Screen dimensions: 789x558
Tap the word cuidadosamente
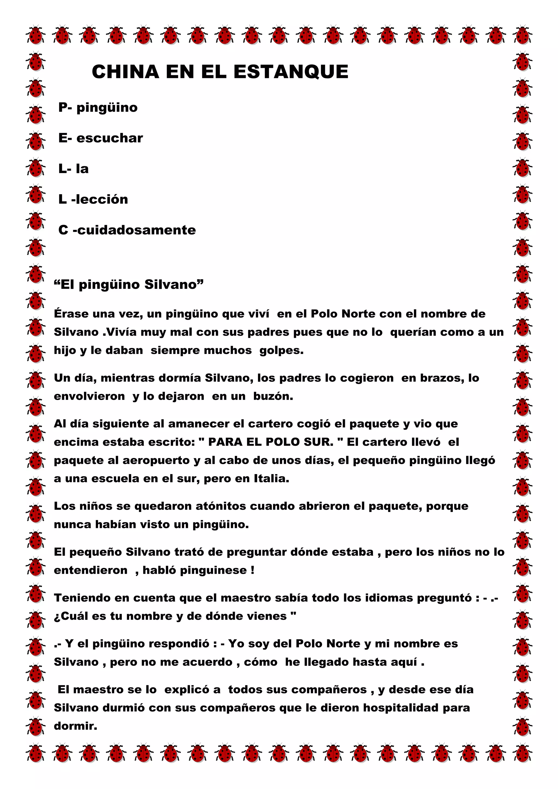click(137, 230)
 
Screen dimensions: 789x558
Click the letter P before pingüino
click(63, 108)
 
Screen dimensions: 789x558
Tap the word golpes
click(281, 351)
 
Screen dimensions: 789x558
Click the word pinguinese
click(213, 570)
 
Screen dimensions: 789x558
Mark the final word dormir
click(75, 726)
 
